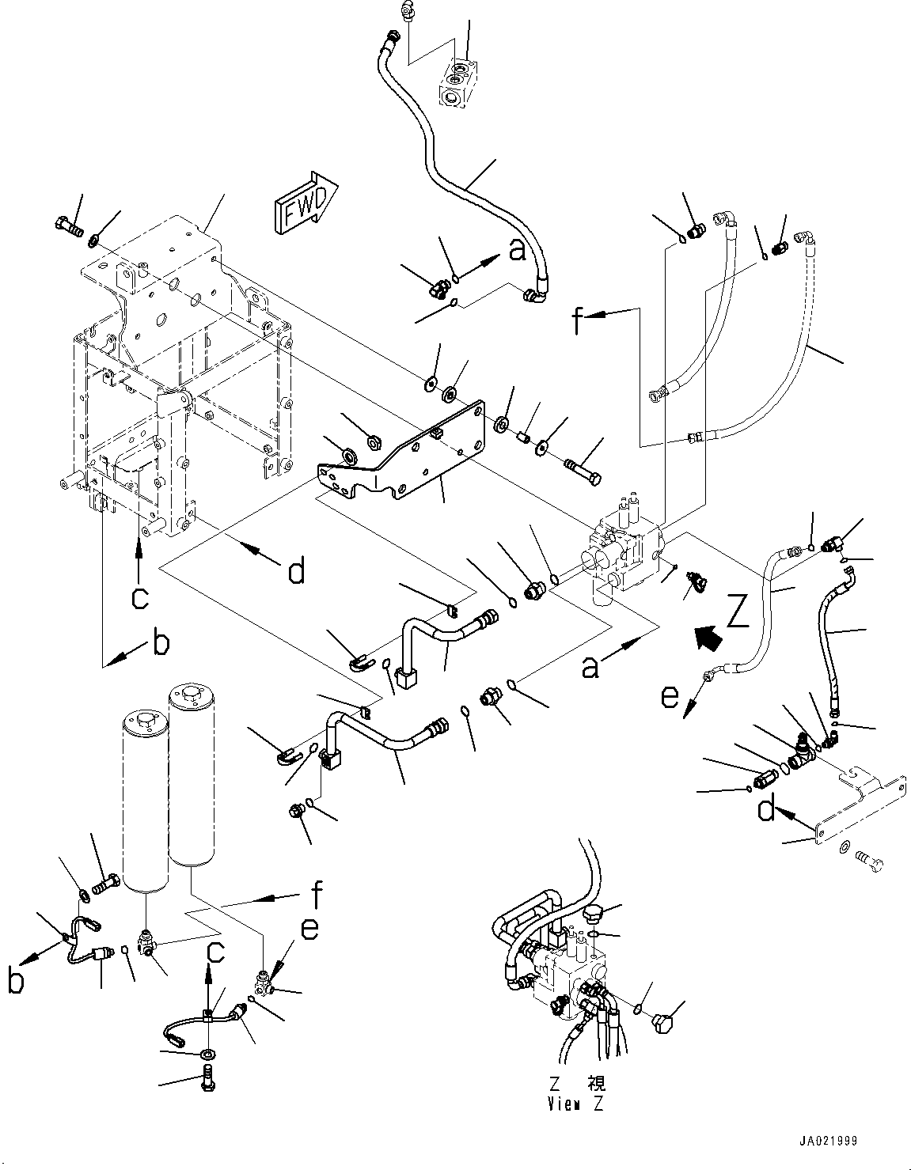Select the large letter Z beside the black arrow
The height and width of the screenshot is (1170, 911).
[737, 612]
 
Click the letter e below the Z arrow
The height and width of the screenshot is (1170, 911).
[670, 697]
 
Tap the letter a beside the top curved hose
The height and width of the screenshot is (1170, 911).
[517, 252]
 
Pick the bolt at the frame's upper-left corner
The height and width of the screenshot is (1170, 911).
[69, 228]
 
